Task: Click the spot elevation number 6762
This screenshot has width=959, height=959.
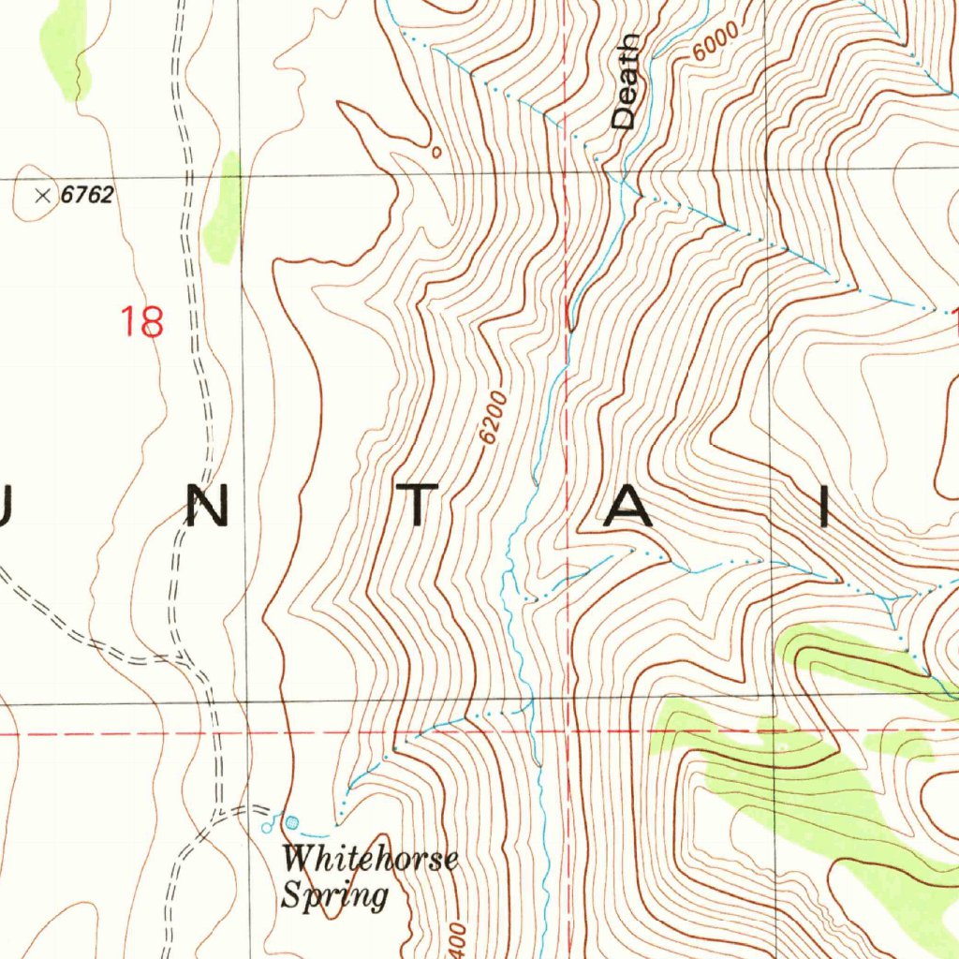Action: pyautogui.click(x=87, y=196)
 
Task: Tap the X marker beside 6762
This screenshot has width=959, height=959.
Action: pyautogui.click(x=42, y=195)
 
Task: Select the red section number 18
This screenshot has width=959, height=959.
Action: pyautogui.click(x=142, y=321)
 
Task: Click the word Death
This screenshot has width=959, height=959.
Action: pyautogui.click(x=625, y=81)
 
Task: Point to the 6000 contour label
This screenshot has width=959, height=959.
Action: pyautogui.click(x=716, y=41)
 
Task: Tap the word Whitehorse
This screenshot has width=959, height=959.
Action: pyautogui.click(x=370, y=859)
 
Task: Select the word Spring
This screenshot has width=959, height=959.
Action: pyautogui.click(x=334, y=894)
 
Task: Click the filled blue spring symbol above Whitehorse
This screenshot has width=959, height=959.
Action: pyautogui.click(x=291, y=821)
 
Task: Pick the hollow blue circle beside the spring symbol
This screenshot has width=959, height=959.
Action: pyautogui.click(x=268, y=827)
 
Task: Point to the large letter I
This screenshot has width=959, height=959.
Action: pyautogui.click(x=825, y=509)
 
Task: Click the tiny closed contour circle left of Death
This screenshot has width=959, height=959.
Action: pyautogui.click(x=435, y=149)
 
